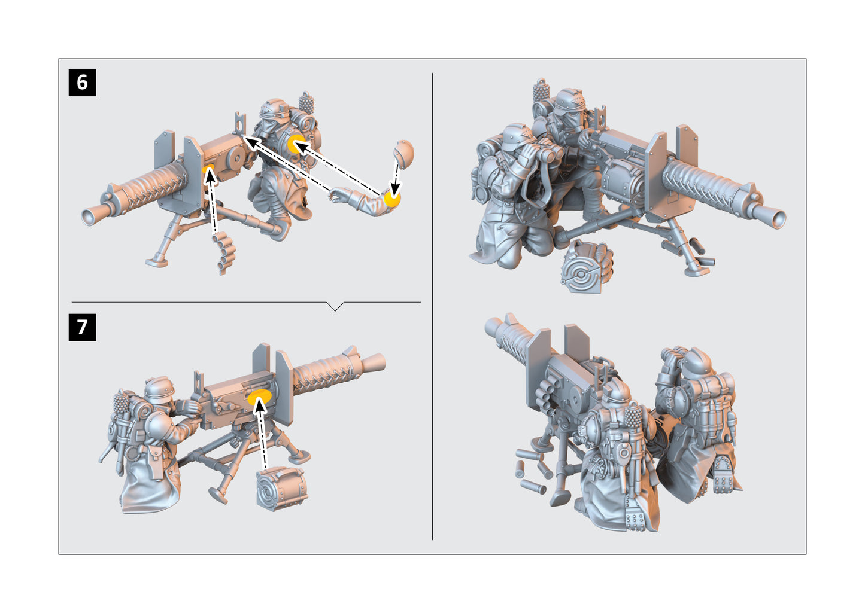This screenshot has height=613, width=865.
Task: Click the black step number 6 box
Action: point(82,82)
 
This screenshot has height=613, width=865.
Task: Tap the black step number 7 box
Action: point(82,327)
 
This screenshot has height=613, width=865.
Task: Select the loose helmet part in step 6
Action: point(404,152)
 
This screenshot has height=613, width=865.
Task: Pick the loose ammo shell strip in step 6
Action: point(224,254)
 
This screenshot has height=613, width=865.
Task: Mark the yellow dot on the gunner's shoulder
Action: point(296,144)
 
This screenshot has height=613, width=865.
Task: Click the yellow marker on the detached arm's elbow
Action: point(392,199)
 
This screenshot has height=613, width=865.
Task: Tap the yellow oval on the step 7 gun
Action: point(260,398)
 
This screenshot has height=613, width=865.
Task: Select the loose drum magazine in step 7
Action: point(281,488)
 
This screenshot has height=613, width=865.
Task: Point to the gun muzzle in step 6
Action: point(92,216)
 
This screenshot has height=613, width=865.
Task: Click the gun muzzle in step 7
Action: point(375,361)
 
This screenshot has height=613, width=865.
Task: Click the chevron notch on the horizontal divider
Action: point(336,306)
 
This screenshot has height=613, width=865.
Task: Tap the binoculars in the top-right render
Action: point(548,154)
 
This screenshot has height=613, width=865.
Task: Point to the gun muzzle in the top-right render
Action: point(775,218)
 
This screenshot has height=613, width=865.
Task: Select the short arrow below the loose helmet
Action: point(396,176)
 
